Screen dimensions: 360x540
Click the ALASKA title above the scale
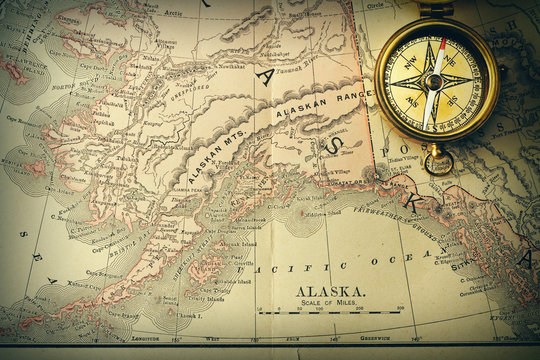coord(330,291)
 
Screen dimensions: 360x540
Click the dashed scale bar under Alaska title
coord(330,313)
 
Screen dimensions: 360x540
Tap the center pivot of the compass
coord(433,81)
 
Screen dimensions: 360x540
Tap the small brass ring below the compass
coord(437,162)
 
